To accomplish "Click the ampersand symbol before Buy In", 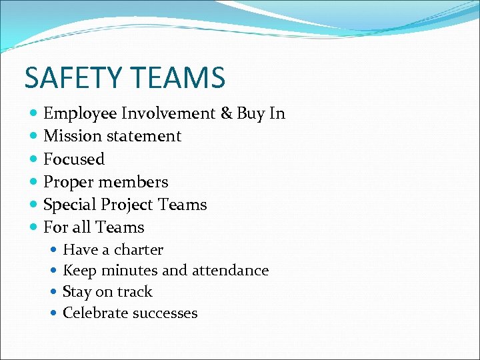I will [226, 113].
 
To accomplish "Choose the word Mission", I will [70, 136].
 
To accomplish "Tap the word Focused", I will [74, 159].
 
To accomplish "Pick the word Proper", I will [67, 182].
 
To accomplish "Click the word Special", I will [69, 205].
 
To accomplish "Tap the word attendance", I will [230, 271].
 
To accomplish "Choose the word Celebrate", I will [94, 313].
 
